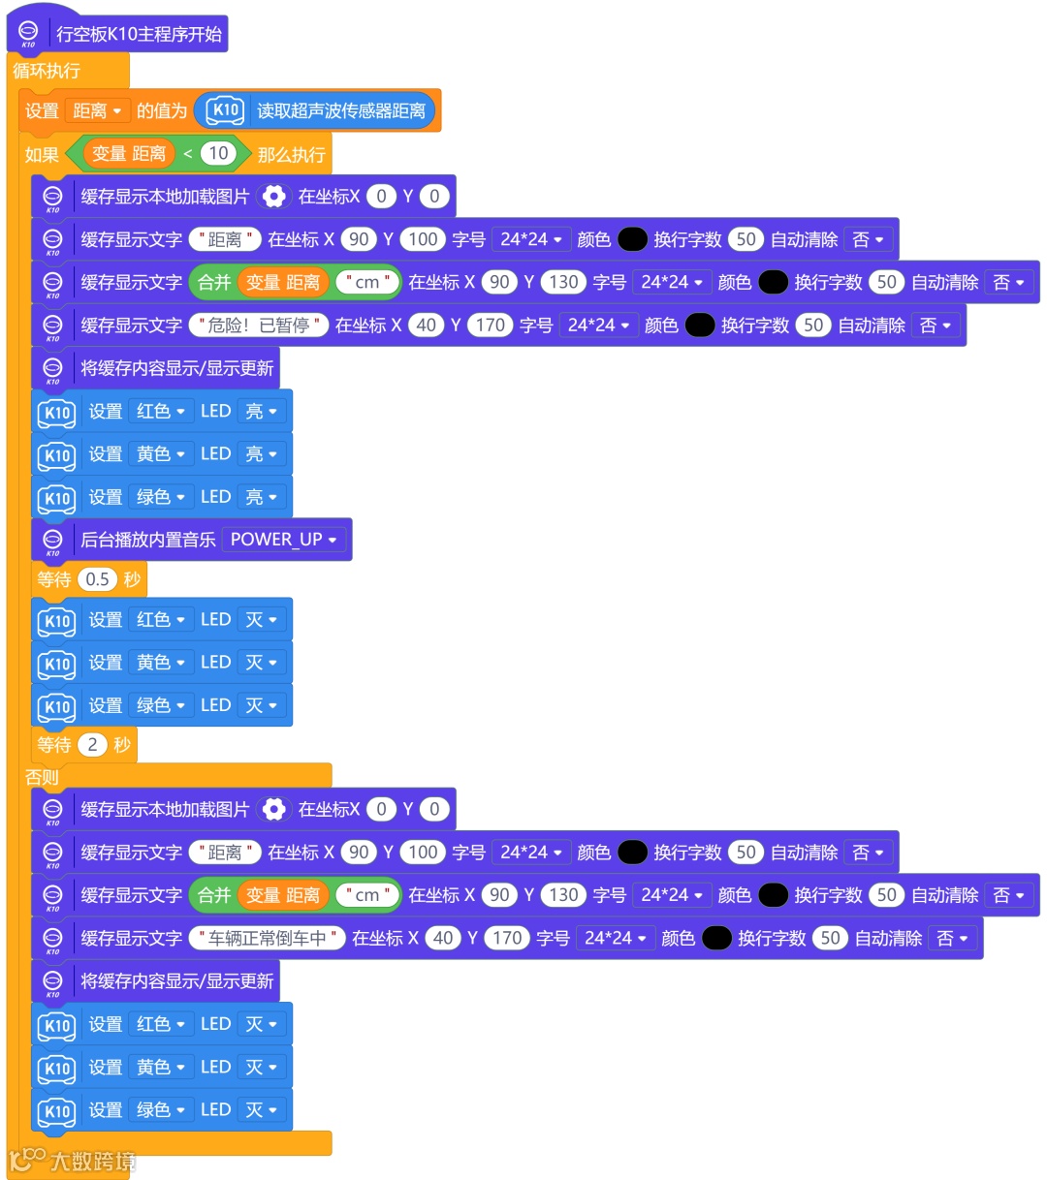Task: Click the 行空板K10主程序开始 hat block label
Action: tap(139, 34)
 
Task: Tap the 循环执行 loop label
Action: tap(47, 71)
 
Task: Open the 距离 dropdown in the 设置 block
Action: tap(98, 111)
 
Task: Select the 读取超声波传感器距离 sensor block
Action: tap(339, 111)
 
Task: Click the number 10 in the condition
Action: tap(218, 153)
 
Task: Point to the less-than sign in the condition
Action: tap(188, 154)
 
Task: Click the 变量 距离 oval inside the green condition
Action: tap(129, 154)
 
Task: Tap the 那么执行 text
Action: tap(291, 154)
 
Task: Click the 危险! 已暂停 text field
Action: tap(258, 326)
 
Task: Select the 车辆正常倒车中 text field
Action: tap(267, 938)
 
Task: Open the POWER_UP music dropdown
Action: tap(283, 540)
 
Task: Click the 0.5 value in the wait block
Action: tap(97, 579)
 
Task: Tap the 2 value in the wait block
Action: tap(92, 745)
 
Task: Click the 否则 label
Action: tap(42, 777)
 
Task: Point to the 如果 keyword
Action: tap(42, 154)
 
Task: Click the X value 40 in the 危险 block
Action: tap(427, 326)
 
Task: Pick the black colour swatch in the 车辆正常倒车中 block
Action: tap(716, 938)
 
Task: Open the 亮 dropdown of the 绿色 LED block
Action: tap(262, 497)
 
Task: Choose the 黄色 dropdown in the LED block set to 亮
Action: tap(160, 454)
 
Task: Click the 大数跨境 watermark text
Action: tap(92, 1161)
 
